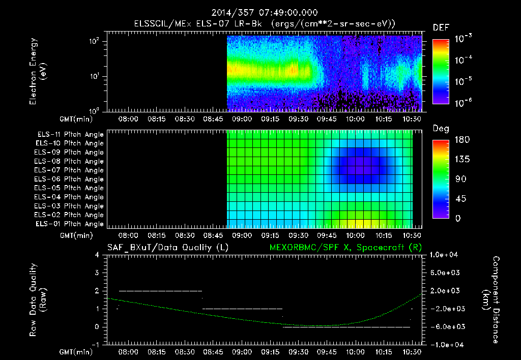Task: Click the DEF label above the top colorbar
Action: point(441,28)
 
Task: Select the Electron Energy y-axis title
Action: point(38,73)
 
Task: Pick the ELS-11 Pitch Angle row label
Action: point(70,135)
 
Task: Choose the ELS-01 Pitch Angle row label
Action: point(70,224)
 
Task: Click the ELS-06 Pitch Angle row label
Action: point(70,179)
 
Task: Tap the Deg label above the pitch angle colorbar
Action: point(441,129)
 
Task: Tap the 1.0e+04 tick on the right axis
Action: point(445,255)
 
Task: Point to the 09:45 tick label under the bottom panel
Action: point(327,351)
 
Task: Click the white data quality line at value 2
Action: point(160,291)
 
